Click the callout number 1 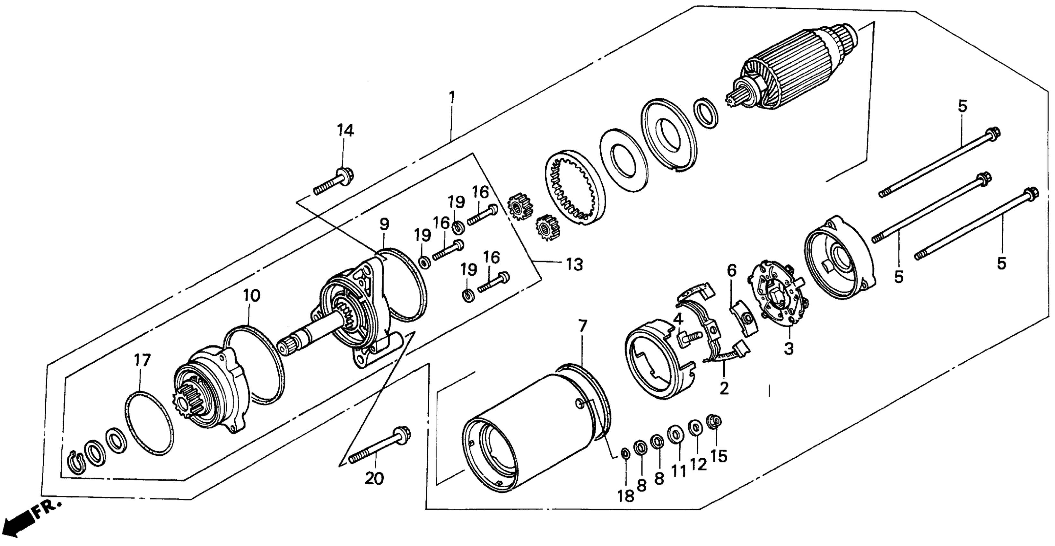point(452,98)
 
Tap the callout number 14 point(345,131)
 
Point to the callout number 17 point(142,360)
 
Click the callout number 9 point(384,224)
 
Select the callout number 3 point(789,348)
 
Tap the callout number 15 point(719,455)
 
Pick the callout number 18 point(626,496)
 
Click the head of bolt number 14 point(345,176)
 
